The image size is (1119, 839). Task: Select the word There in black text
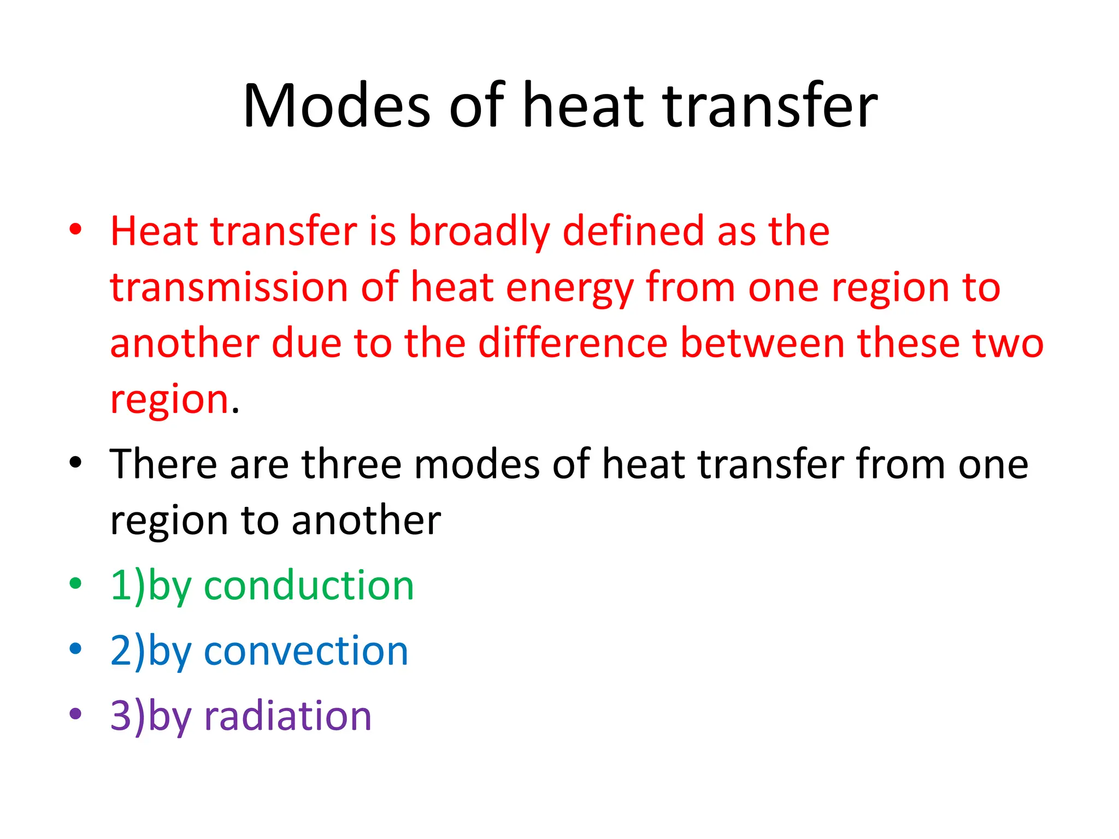(163, 464)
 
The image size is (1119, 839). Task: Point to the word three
(352, 464)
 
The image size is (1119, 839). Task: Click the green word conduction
(309, 586)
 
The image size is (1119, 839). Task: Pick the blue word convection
(306, 651)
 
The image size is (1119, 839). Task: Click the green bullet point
(75, 583)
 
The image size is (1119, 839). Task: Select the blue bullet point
(75, 648)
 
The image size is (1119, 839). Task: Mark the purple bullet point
(75, 713)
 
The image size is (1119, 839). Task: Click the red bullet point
(75, 229)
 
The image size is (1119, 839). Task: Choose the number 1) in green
(128, 586)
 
